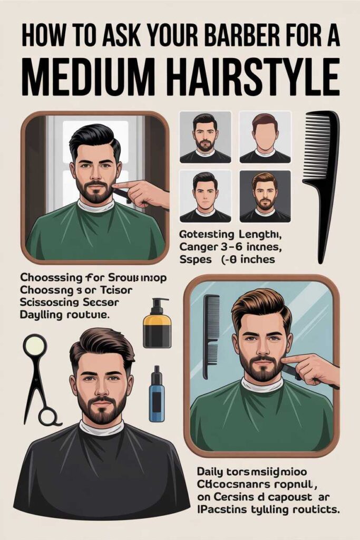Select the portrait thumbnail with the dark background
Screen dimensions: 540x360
pyautogui.click(x=265, y=195)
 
